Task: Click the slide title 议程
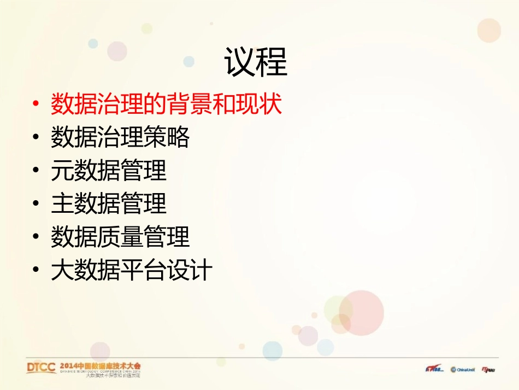point(256,62)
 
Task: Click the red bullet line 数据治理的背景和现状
point(166,104)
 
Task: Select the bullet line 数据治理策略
point(120,137)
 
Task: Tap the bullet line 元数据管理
point(109,171)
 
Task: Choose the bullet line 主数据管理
point(109,204)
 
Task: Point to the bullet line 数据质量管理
point(120,237)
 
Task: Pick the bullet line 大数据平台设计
point(132,271)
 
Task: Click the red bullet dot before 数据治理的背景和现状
point(36,104)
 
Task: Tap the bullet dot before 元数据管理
point(36,171)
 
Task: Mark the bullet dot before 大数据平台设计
point(36,271)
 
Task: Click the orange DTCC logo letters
point(41,367)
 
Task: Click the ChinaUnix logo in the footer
point(463,369)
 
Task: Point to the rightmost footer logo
point(488,369)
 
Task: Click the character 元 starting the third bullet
point(62,171)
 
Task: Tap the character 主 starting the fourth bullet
point(62,204)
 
